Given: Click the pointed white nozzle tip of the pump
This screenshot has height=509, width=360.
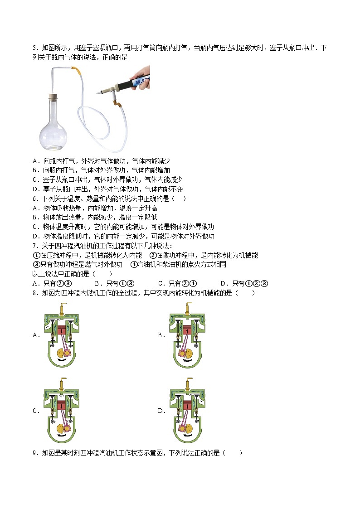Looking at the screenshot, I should (x=99, y=92).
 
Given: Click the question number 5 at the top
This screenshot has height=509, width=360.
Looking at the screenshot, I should (x=34, y=48).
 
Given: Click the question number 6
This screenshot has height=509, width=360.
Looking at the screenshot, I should (x=34, y=199).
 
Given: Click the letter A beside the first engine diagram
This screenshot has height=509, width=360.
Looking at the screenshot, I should (x=35, y=335).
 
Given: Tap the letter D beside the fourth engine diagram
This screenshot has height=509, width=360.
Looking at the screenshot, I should (x=161, y=411).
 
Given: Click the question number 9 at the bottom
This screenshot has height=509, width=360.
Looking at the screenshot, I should (x=34, y=453).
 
